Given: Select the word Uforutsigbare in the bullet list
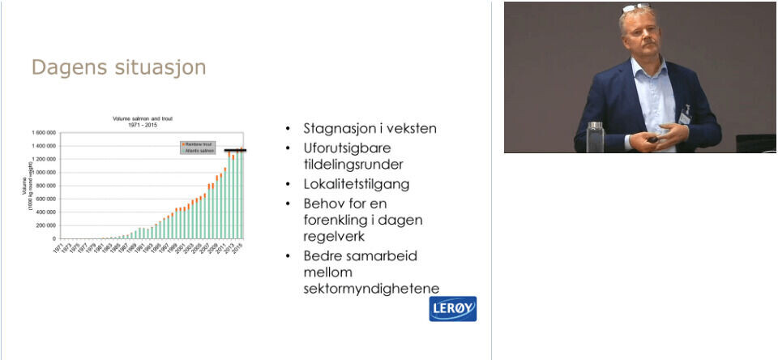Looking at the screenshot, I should [348, 148].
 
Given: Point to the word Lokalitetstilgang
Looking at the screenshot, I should [356, 184].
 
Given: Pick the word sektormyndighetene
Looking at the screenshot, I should [370, 288].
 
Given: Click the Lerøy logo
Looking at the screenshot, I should [452, 309].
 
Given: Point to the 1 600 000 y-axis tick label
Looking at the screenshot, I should [43, 132].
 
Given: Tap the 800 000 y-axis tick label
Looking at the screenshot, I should [45, 186].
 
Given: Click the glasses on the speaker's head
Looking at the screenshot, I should [635, 8].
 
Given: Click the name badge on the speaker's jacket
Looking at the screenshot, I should [685, 117].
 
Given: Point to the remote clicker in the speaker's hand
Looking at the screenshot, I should [652, 139].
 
